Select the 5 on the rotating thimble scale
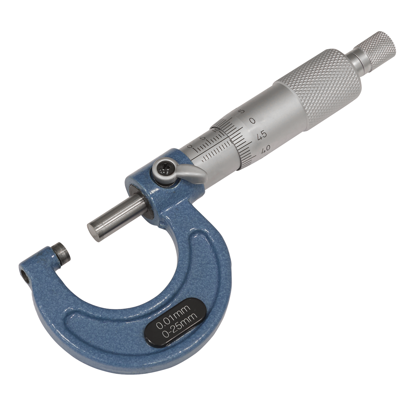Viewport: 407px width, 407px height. [x=241, y=111]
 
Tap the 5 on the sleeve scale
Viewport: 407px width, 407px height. [x=202, y=138]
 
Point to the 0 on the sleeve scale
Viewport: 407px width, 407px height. [x=190, y=147]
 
